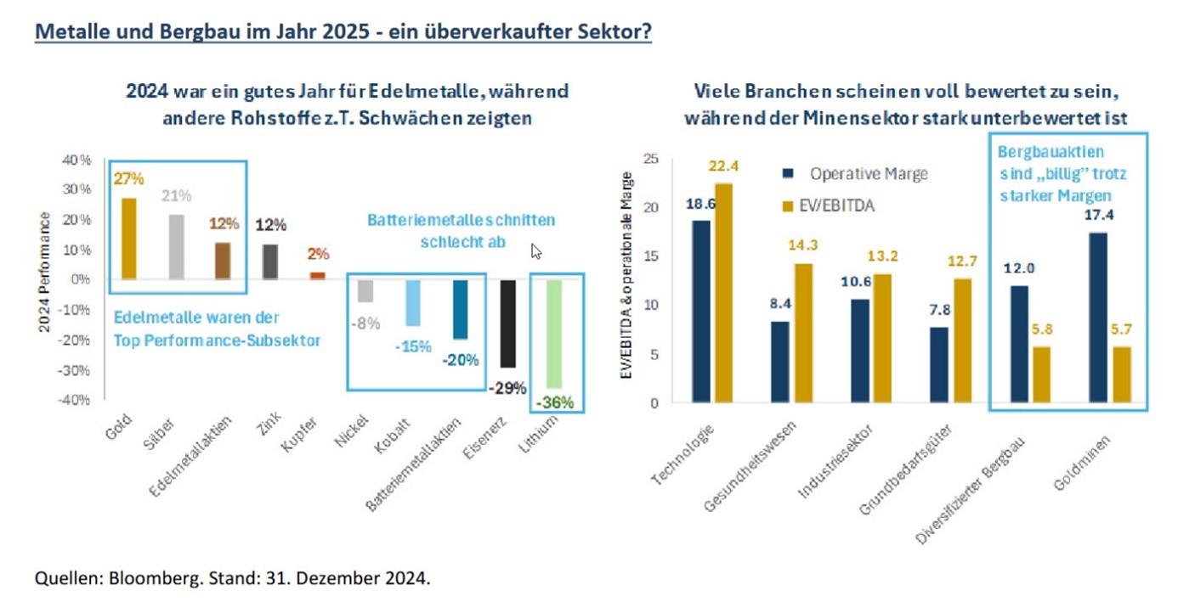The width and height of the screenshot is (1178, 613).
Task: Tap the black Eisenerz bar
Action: point(507,323)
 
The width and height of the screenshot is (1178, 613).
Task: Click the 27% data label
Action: point(127,179)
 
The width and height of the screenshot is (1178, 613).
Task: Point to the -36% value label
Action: point(555,402)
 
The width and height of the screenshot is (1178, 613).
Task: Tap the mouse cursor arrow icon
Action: point(536,251)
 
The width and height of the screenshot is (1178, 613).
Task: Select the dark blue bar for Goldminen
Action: point(1097,317)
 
